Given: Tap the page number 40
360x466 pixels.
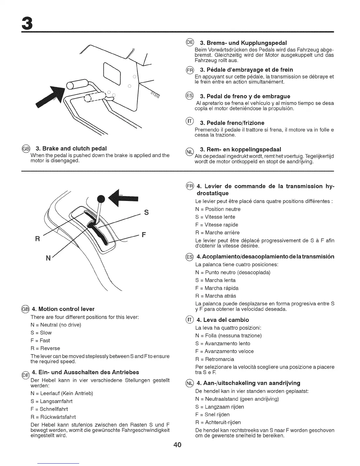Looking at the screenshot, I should pyautogui.click(x=178, y=445).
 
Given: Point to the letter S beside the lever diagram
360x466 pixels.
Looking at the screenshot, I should pyautogui.click(x=146, y=212).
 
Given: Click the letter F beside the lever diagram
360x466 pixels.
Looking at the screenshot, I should pyautogui.click(x=144, y=235).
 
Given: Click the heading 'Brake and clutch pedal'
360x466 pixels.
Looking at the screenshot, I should pyautogui.click(x=71, y=148).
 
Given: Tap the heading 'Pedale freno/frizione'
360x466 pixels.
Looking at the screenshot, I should pyautogui.click(x=232, y=123).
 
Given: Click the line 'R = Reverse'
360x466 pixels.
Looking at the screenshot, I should pyautogui.click(x=45, y=348).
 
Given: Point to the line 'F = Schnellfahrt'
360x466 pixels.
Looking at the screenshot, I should pyautogui.click(x=49, y=409).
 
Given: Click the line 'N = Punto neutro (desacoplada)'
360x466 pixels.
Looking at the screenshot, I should pyautogui.click(x=233, y=272).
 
